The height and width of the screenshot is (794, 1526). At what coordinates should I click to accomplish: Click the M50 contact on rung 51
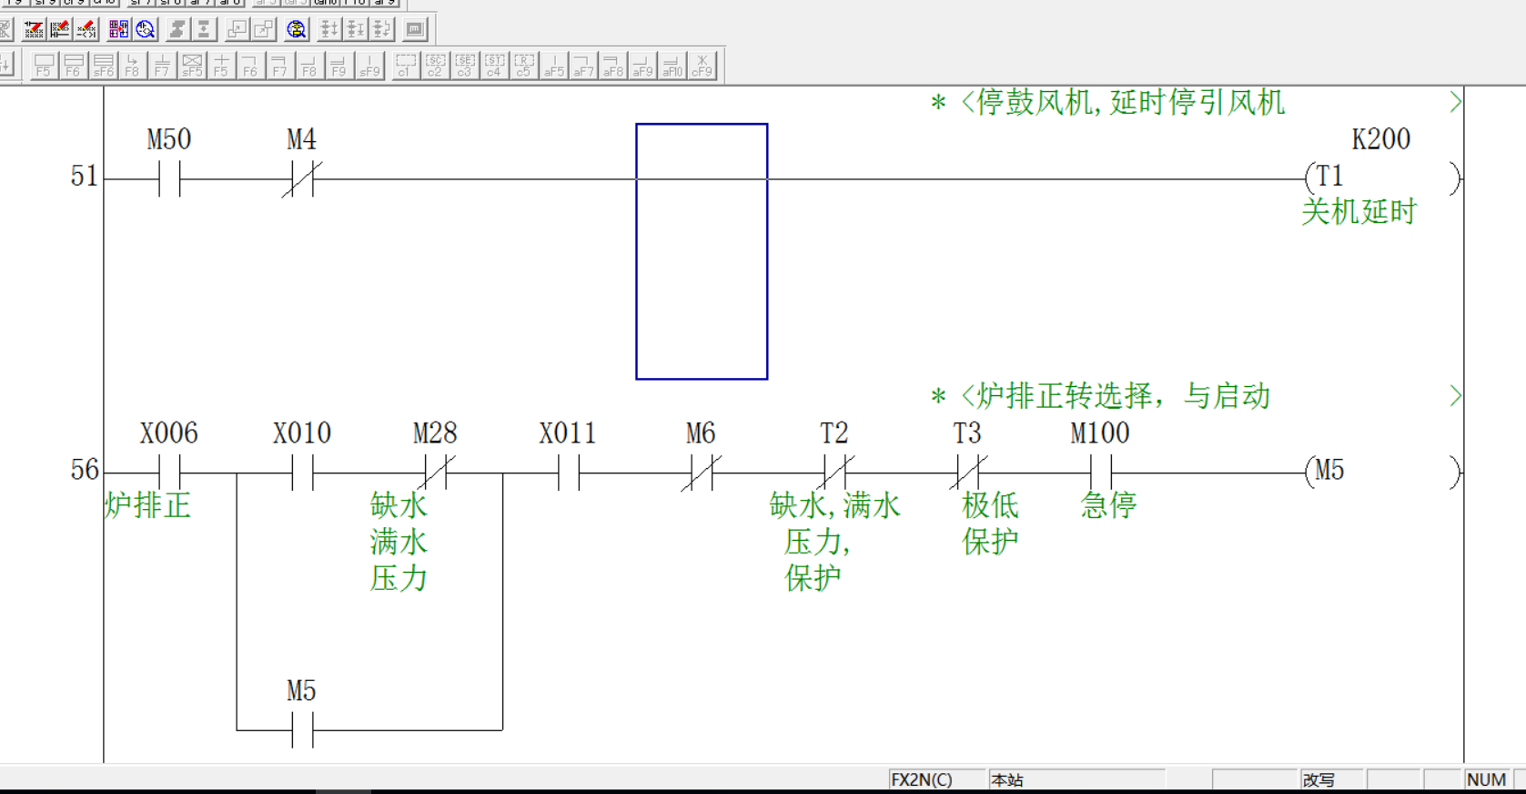(169, 178)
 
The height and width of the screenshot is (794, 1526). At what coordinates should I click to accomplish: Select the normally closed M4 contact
(302, 178)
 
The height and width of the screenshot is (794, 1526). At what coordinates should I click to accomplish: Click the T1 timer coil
(1329, 177)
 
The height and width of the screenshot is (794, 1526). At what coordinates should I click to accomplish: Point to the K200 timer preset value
(1380, 139)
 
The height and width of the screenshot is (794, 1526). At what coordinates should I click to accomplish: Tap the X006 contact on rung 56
(169, 473)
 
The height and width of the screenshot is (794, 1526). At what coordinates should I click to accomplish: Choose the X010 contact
(302, 473)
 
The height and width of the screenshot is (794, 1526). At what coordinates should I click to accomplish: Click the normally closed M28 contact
(435, 473)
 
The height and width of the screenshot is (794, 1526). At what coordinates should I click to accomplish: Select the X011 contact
(569, 473)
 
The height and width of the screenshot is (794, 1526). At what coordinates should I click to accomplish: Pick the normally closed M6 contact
(701, 473)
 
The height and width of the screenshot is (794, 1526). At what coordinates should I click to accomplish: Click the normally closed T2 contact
(834, 473)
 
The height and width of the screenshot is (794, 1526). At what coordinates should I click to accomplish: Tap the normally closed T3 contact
(967, 473)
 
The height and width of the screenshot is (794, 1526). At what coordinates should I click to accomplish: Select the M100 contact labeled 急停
(1100, 473)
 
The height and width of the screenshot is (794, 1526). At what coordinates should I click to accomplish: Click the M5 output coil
(1329, 471)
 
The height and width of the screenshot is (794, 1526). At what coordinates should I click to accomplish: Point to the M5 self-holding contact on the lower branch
(302, 729)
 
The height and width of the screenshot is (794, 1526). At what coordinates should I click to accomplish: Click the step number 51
(84, 176)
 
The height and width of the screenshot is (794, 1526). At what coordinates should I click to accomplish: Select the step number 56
(84, 470)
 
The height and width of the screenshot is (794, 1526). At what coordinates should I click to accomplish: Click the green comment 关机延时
(1359, 212)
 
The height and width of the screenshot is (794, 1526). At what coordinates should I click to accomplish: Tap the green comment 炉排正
(147, 505)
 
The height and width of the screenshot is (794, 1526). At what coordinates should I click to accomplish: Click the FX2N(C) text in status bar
(921, 780)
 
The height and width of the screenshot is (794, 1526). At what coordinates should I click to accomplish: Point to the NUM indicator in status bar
(1486, 780)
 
